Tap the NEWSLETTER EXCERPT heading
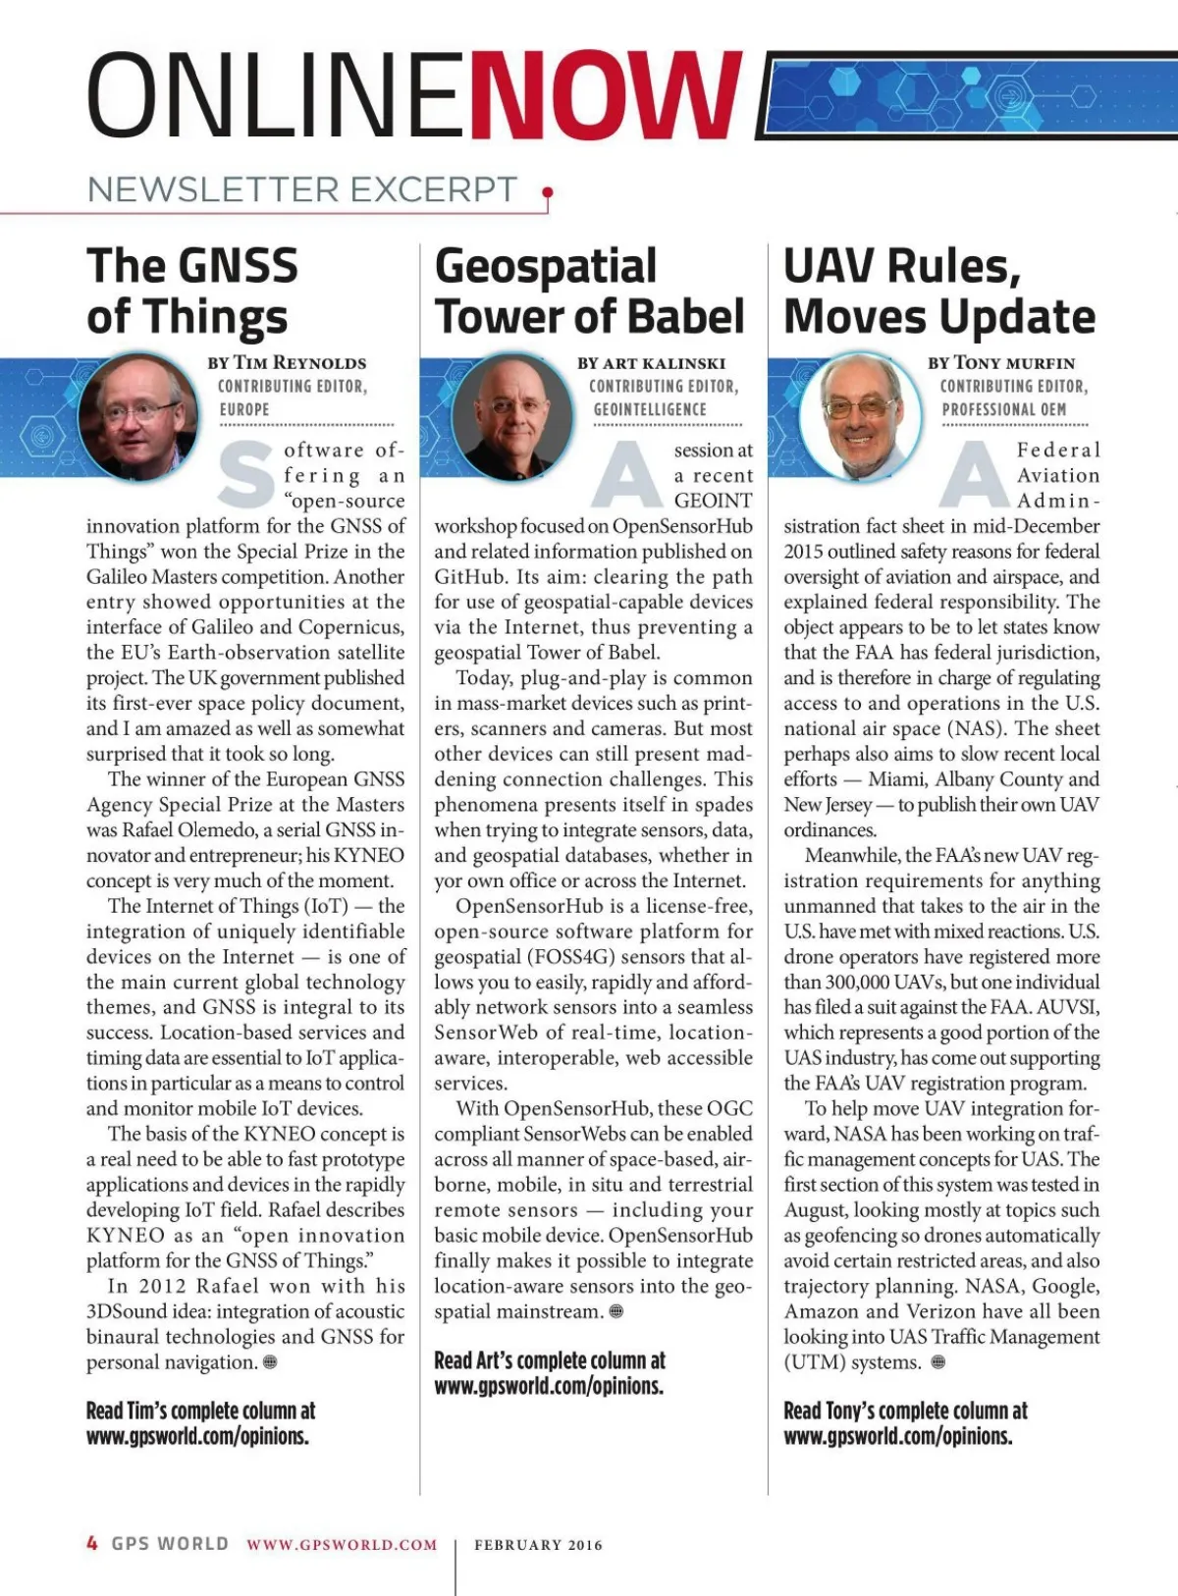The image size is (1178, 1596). click(x=302, y=189)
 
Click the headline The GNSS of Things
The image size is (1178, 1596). click(x=191, y=292)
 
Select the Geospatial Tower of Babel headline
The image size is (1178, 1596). click(x=589, y=292)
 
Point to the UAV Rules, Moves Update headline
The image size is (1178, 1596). click(x=939, y=292)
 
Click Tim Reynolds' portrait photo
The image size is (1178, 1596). click(x=138, y=415)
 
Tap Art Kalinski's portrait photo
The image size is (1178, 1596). click(x=512, y=416)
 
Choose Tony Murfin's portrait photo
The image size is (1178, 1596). click(x=860, y=415)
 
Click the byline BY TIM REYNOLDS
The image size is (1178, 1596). click(x=287, y=363)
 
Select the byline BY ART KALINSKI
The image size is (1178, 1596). click(x=652, y=363)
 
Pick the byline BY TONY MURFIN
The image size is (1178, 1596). click(x=1001, y=363)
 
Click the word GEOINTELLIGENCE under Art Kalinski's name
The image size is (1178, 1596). click(x=650, y=409)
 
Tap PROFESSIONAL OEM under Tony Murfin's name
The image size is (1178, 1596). click(x=1003, y=409)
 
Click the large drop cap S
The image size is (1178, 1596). click(x=245, y=476)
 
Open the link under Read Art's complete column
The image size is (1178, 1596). click(x=549, y=1386)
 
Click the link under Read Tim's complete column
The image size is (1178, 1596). click(x=197, y=1436)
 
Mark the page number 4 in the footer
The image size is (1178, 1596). click(x=92, y=1543)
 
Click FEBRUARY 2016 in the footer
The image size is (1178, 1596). click(x=538, y=1545)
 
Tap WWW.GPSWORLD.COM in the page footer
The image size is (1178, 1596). click(x=342, y=1545)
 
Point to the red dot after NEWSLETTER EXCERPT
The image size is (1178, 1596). click(x=547, y=192)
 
